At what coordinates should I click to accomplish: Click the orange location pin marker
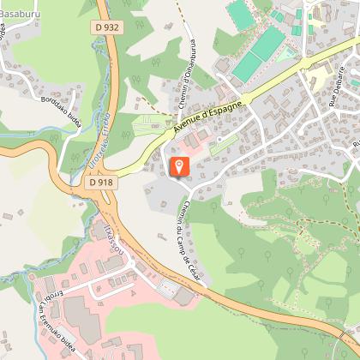180,165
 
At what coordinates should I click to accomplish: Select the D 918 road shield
99,182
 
